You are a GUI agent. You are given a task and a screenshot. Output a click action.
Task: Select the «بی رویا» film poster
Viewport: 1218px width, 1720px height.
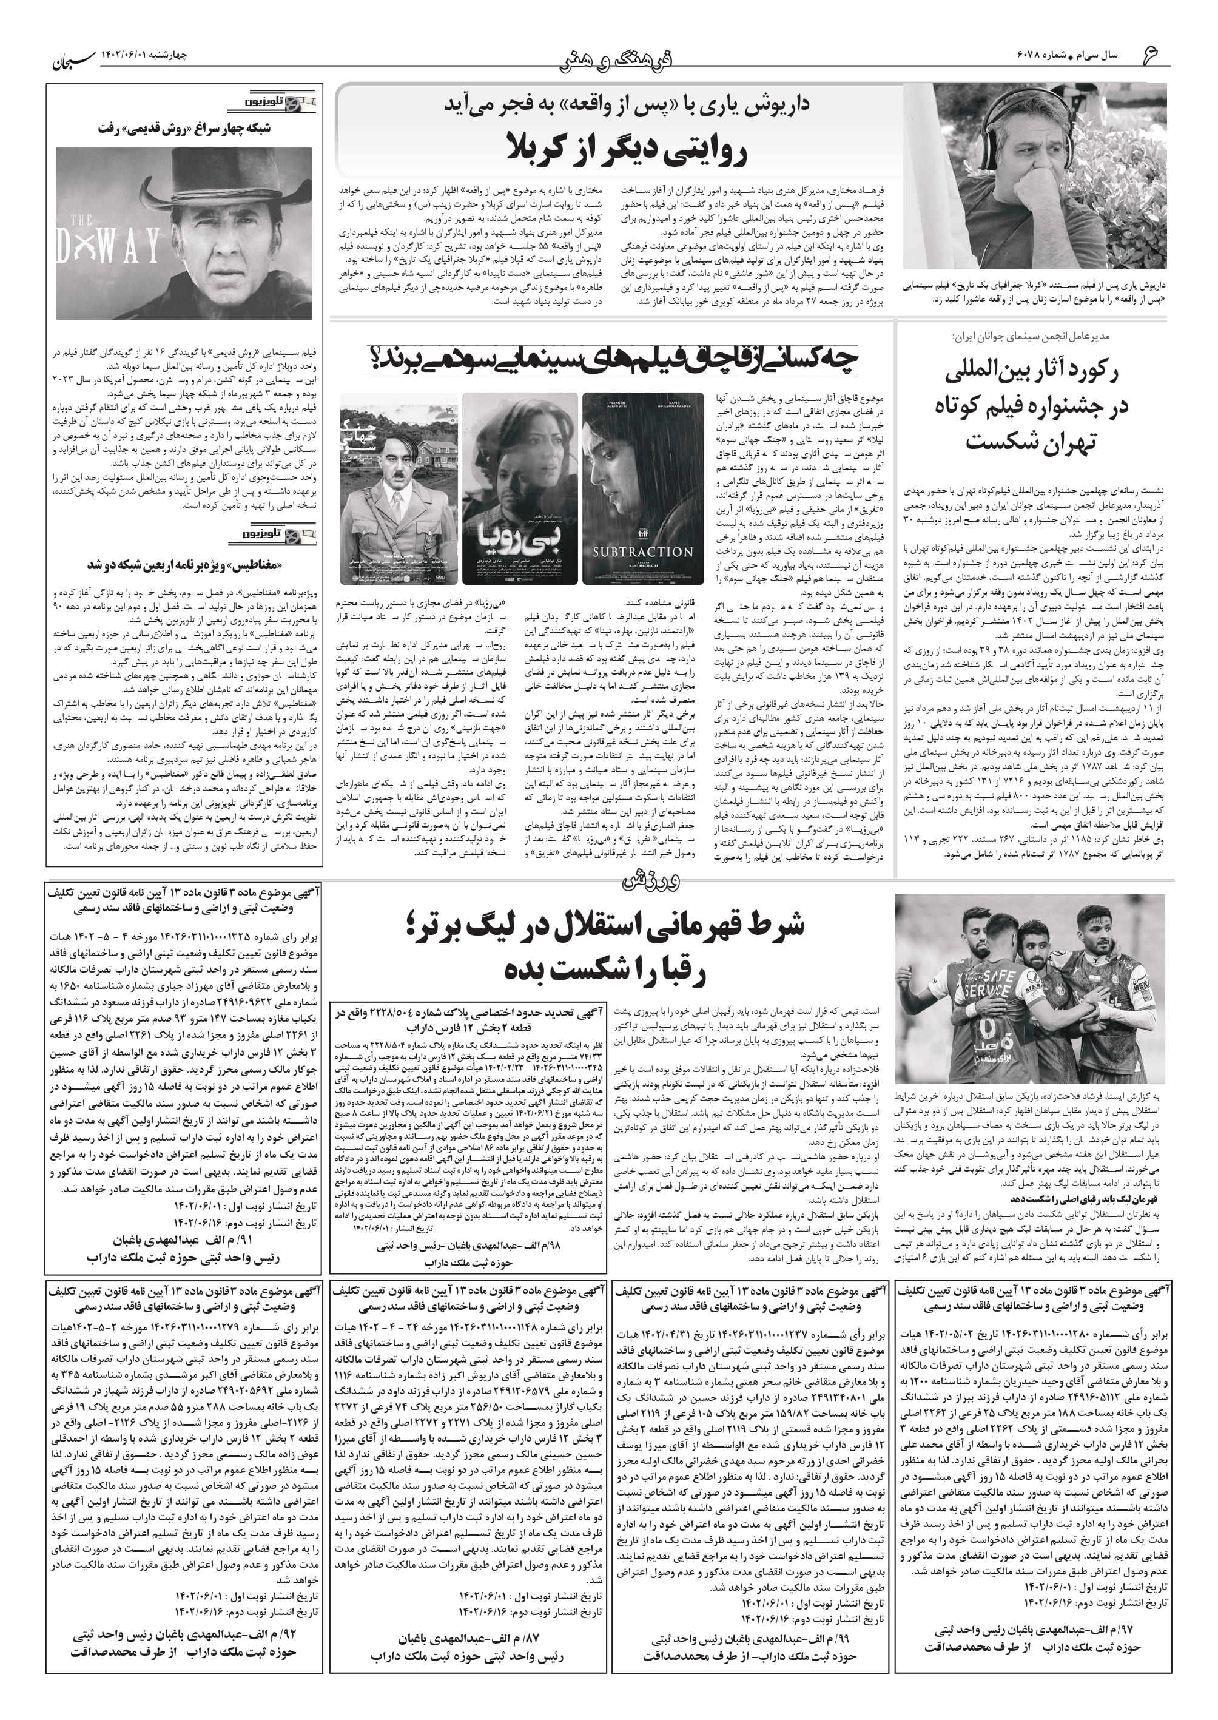coord(520,488)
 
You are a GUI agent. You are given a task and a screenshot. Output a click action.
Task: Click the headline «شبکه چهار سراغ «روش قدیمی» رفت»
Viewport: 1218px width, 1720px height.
coord(184,128)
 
